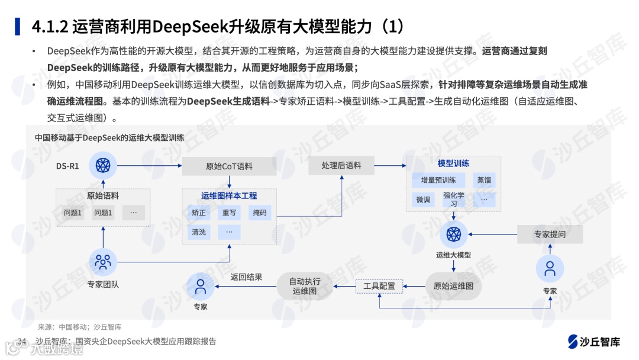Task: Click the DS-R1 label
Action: [67, 166]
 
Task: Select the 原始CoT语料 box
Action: [229, 166]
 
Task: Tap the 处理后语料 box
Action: [341, 166]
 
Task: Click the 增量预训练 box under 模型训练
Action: [438, 180]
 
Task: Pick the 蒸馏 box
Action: [484, 180]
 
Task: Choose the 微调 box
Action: [423, 200]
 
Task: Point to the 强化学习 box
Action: [454, 200]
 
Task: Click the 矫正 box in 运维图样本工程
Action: [199, 213]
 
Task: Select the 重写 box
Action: [229, 213]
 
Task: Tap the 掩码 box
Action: [259, 213]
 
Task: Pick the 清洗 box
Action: [199, 232]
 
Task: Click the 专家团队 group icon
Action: [103, 261]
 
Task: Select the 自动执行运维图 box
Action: [305, 286]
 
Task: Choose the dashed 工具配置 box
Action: [379, 286]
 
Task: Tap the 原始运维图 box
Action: [453, 286]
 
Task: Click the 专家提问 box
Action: [550, 234]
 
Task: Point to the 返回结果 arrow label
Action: [246, 277]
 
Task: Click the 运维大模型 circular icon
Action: [453, 234]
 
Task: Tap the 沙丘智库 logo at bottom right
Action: [594, 342]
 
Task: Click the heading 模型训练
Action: [453, 163]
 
